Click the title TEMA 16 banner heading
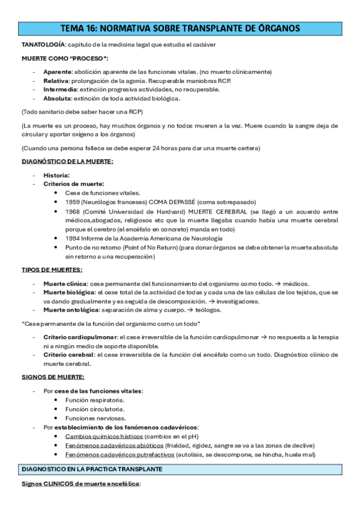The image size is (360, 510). (x=180, y=28)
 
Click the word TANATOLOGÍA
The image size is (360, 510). (x=43, y=45)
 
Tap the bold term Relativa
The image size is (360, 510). (x=55, y=81)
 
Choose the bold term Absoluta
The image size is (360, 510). (x=56, y=98)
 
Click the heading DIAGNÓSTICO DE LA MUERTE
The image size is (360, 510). (x=67, y=161)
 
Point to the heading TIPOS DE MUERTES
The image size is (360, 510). (x=52, y=269)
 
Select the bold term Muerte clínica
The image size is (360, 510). (x=65, y=283)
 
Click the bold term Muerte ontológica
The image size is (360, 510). (x=69, y=310)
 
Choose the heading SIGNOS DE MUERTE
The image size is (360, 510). (x=53, y=377)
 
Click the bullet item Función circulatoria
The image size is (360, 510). (x=94, y=409)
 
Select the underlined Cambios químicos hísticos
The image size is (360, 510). (x=103, y=436)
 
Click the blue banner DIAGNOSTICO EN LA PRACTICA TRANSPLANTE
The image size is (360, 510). (x=96, y=468)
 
